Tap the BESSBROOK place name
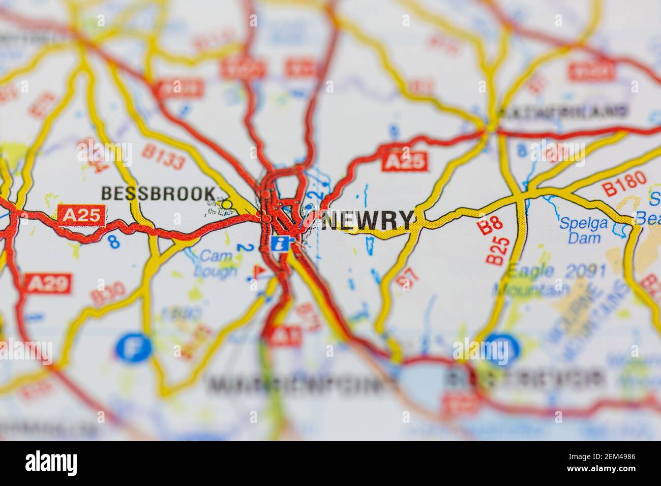tap(158, 193)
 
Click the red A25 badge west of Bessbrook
tap(82, 215)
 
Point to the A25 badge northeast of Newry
tap(405, 161)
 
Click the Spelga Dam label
tap(580, 230)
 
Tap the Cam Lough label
tap(217, 263)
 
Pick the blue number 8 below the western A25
tap(115, 242)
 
